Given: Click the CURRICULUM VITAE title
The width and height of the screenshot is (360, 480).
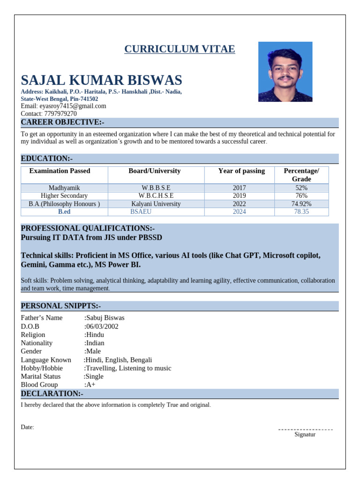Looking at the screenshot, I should [x=180, y=49].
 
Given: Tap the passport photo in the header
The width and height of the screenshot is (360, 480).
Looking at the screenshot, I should [x=285, y=72].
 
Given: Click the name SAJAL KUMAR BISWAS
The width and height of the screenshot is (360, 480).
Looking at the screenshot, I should [x=101, y=80].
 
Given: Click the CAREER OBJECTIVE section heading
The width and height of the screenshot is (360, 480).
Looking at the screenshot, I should [x=62, y=122].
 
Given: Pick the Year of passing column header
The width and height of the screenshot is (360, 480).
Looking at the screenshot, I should [x=241, y=171].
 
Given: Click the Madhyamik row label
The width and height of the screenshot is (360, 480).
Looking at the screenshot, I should [x=64, y=187].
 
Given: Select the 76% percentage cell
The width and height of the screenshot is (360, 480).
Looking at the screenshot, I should [x=301, y=195].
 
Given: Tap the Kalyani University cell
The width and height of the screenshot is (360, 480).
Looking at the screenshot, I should [x=156, y=204].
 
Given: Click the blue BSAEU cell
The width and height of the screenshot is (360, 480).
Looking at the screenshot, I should [x=141, y=212].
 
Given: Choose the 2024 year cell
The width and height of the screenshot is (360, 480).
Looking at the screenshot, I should [x=239, y=212].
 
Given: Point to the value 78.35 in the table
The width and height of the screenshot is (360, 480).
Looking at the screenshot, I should [x=301, y=212].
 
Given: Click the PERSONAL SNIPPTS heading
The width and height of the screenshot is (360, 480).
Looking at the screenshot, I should [x=61, y=306].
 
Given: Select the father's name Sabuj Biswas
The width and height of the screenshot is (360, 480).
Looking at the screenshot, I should [x=105, y=318].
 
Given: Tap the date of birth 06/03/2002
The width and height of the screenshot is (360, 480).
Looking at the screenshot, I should [x=102, y=326].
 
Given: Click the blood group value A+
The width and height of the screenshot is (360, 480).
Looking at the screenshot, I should [x=90, y=385].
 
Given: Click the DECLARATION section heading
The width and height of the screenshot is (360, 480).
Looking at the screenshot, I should [x=52, y=394].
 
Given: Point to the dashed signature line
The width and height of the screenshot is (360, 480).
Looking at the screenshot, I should [x=305, y=429].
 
